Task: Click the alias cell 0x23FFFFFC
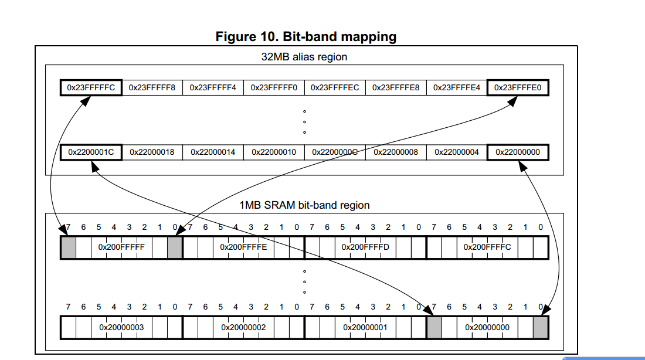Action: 91,87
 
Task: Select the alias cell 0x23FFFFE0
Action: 518,87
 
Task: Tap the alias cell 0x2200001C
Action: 91,152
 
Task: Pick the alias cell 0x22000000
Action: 518,152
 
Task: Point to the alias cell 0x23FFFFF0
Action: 274,87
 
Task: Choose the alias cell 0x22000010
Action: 274,152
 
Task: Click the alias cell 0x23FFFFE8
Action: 396,87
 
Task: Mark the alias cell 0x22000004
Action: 457,152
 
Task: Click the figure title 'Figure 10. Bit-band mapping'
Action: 306,36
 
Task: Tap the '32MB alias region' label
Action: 304,57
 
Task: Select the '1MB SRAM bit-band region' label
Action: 304,205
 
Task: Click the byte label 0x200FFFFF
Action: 121,247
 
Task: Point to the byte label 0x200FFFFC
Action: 487,247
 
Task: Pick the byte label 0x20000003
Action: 121,328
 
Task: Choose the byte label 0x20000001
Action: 365,328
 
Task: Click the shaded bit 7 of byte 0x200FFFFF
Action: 68,247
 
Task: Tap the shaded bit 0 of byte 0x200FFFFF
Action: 175,247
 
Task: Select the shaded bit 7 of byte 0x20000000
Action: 434,328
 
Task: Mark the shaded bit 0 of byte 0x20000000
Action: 541,328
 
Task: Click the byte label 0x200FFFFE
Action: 243,247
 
